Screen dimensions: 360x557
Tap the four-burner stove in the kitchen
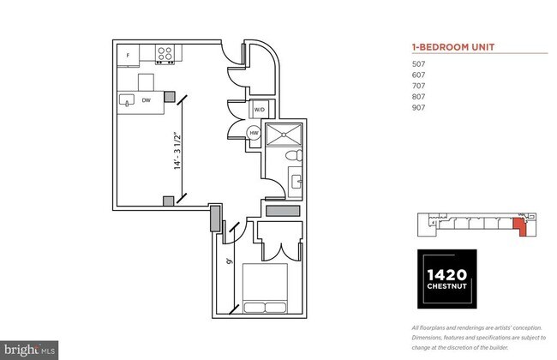pyautogui.click(x=166, y=54)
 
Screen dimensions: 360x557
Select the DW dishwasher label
pyautogui.click(x=147, y=100)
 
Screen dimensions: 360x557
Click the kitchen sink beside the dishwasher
pyautogui.click(x=126, y=101)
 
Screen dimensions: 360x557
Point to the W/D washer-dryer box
pyautogui.click(x=259, y=110)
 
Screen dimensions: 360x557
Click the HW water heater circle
pyautogui.click(x=255, y=133)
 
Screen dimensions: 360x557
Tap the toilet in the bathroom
pyautogui.click(x=292, y=157)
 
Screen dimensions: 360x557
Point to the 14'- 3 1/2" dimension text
pyautogui.click(x=177, y=151)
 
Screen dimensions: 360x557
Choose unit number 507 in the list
pyautogui.click(x=419, y=63)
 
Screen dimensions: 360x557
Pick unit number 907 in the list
pyautogui.click(x=419, y=108)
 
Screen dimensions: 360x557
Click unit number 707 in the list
pyautogui.click(x=419, y=86)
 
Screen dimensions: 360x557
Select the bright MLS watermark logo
pyautogui.click(x=29, y=350)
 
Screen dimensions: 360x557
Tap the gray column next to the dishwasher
pyautogui.click(x=170, y=96)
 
